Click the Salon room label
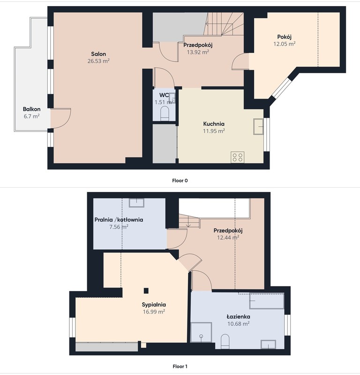[98, 54]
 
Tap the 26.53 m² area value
[98, 61]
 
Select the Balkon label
[31, 109]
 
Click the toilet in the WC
[165, 114]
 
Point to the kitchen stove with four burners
[238, 157]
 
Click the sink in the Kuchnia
[258, 126]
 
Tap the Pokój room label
[284, 37]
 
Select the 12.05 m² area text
[284, 44]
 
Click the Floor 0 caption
[180, 181]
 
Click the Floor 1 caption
[180, 367]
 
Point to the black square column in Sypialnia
[146, 291]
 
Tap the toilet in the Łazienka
[225, 341]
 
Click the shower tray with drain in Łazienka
[201, 332]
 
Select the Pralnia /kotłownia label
[119, 220]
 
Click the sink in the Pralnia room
[137, 203]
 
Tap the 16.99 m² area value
[154, 312]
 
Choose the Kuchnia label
[214, 124]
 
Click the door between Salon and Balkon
[60, 118]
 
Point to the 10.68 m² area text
[239, 324]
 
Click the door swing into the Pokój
[240, 61]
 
